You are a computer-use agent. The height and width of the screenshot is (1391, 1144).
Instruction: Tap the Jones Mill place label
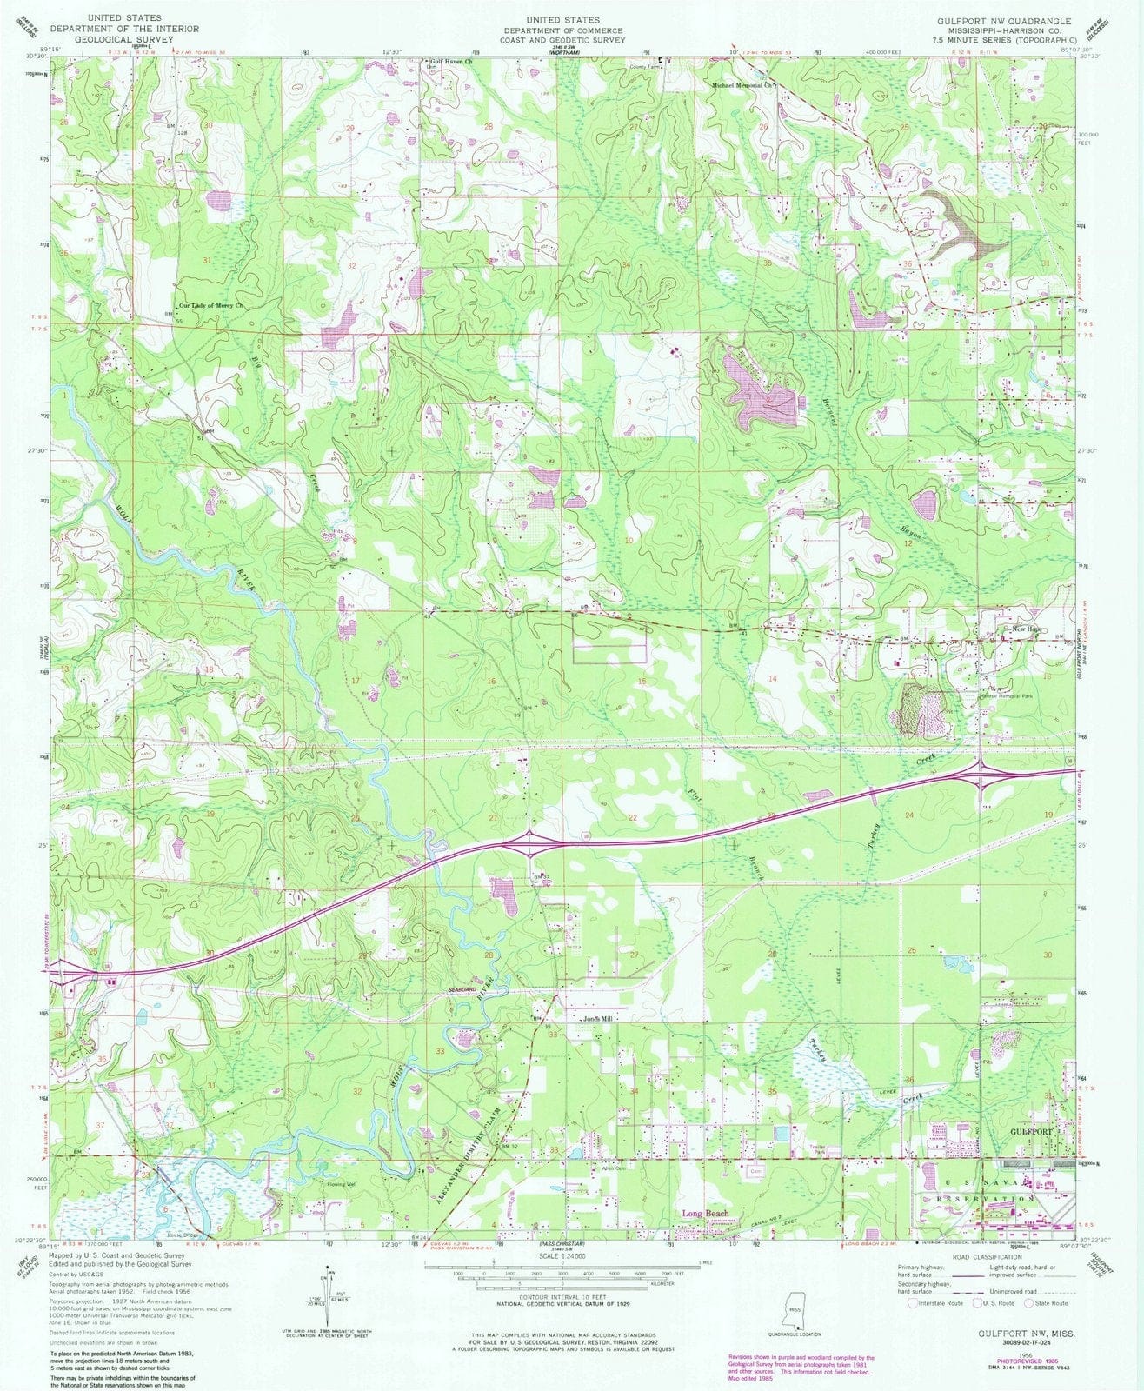click(599, 1019)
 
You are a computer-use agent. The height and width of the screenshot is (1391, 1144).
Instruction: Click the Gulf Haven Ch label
click(451, 63)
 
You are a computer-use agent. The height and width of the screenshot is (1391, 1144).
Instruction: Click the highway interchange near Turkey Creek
click(980, 772)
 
